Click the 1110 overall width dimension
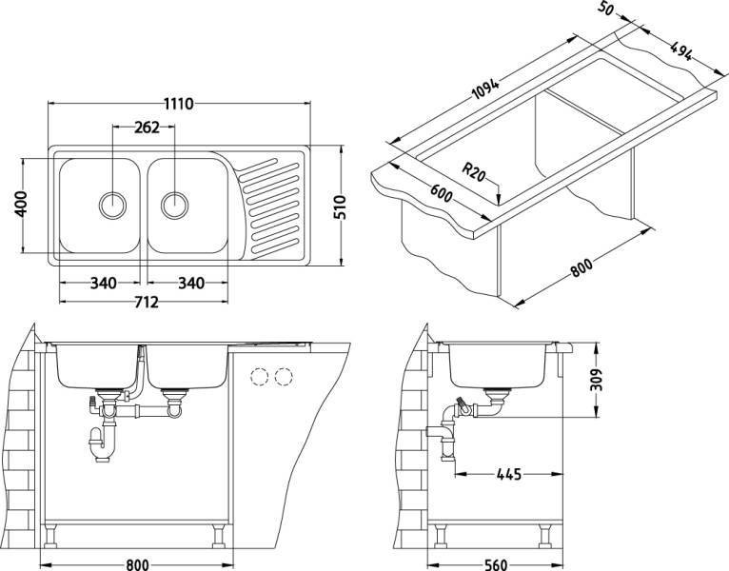(179, 103)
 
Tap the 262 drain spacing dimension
(147, 127)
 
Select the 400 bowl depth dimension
(21, 204)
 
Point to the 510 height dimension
(340, 207)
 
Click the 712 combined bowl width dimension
(147, 303)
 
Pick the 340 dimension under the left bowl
(103, 283)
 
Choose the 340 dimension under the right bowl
(191, 283)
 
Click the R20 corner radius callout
(474, 171)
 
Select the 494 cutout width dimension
(681, 50)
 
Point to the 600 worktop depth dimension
(441, 193)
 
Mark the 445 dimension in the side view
(509, 474)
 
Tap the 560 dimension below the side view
(495, 564)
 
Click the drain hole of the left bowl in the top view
(112, 205)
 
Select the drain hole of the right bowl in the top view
(175, 205)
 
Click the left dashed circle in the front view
(260, 377)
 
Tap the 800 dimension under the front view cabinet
(138, 564)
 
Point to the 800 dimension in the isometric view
(581, 267)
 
